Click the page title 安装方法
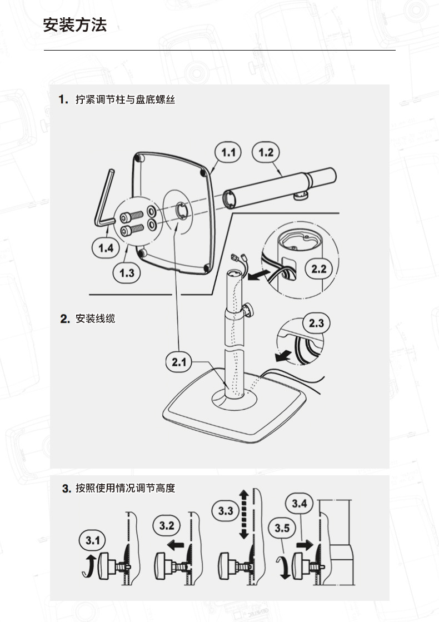click(x=74, y=25)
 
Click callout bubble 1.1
click(x=228, y=152)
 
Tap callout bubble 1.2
click(x=266, y=152)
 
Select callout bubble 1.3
click(x=127, y=272)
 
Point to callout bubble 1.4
click(x=106, y=248)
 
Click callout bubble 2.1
click(x=178, y=362)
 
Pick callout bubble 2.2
click(x=318, y=269)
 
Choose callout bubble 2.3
click(x=316, y=324)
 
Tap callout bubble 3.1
click(x=92, y=540)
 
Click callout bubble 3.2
click(x=167, y=525)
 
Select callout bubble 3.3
click(x=226, y=510)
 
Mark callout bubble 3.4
click(x=299, y=504)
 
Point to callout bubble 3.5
click(x=282, y=528)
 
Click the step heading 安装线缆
click(x=95, y=319)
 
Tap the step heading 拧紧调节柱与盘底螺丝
click(x=125, y=100)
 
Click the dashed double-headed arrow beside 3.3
click(x=243, y=514)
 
